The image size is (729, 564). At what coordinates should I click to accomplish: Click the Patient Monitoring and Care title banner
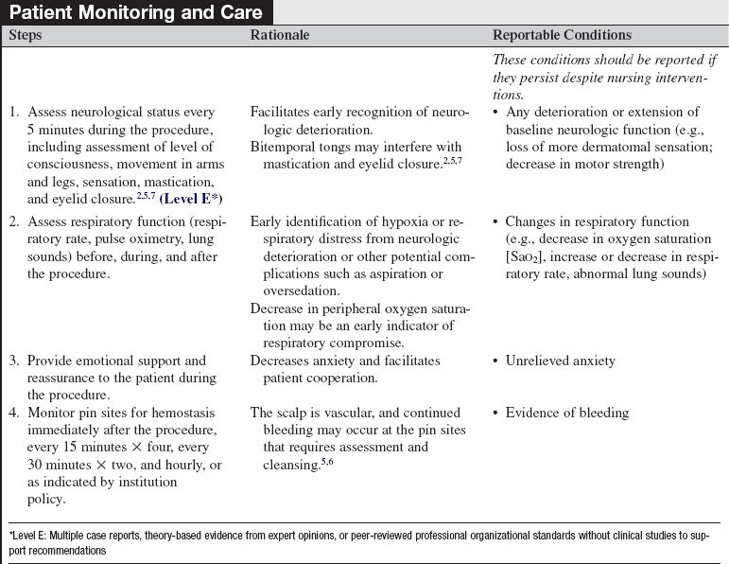point(138,12)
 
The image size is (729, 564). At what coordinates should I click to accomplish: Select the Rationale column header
point(280,35)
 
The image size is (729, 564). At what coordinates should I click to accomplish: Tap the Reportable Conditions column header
point(562,35)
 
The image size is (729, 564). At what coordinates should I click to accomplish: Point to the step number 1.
point(14,113)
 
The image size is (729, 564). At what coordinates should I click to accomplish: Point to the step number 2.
point(14,223)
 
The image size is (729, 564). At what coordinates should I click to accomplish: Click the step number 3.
point(14,361)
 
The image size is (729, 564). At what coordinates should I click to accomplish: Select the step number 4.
point(14,413)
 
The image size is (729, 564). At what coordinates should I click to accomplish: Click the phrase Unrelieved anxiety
point(553,361)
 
